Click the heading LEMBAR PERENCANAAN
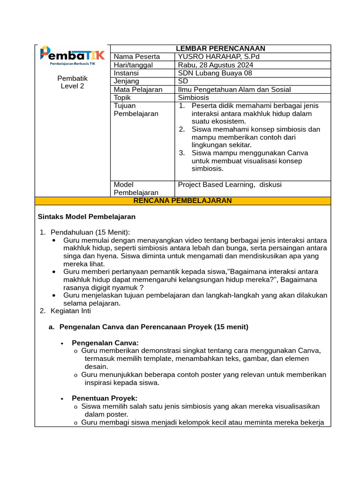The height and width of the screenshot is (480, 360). click(220, 48)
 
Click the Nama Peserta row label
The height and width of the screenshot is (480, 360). click(137, 57)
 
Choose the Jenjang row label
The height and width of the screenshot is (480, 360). click(127, 81)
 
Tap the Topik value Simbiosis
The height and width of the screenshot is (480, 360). click(194, 97)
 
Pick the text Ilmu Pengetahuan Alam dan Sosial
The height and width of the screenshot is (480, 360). click(234, 90)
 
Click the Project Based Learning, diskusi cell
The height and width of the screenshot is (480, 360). click(230, 185)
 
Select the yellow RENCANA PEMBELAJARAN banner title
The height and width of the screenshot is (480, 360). click(183, 201)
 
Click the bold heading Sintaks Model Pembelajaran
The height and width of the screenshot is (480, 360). click(86, 217)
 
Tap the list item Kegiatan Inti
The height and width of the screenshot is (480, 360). click(71, 311)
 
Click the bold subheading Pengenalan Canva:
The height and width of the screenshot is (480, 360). click(105, 343)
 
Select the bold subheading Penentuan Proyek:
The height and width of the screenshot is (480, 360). click(105, 398)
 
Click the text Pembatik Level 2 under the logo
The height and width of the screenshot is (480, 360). click(72, 82)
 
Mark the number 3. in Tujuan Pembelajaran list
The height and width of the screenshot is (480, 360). click(182, 153)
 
